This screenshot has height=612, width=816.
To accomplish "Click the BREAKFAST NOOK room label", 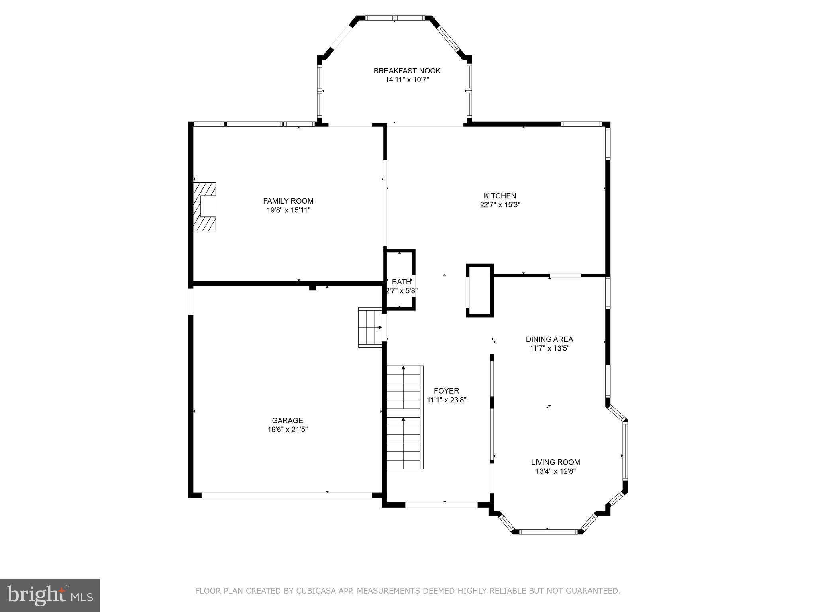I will tap(407, 71).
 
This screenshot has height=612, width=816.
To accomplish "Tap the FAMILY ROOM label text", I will tap(288, 201).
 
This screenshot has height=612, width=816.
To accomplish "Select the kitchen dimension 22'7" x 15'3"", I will tap(500, 205).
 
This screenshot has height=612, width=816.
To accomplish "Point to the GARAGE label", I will tap(287, 420).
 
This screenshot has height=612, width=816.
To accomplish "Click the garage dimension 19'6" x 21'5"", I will tap(287, 430).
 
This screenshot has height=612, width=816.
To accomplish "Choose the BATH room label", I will tap(401, 282).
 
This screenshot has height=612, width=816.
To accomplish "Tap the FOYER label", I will tap(446, 391).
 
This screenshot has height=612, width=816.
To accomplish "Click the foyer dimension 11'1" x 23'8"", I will tap(446, 400).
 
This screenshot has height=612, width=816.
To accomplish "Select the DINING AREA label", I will tap(549, 339).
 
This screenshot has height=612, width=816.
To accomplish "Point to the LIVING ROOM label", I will tap(555, 462).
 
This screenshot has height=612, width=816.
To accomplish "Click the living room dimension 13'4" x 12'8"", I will tap(555, 471).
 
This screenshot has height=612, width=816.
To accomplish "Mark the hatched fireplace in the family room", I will tap(204, 207).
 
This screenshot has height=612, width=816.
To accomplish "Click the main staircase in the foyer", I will tap(404, 417).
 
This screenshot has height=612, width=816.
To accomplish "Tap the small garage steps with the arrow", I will tap(370, 327).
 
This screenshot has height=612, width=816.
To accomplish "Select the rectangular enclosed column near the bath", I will tap(480, 290).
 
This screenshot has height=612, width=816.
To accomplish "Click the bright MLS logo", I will tap(50, 595).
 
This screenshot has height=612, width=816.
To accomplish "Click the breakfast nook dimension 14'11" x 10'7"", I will tap(407, 80).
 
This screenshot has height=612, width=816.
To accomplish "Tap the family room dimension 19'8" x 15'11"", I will tap(288, 210).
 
